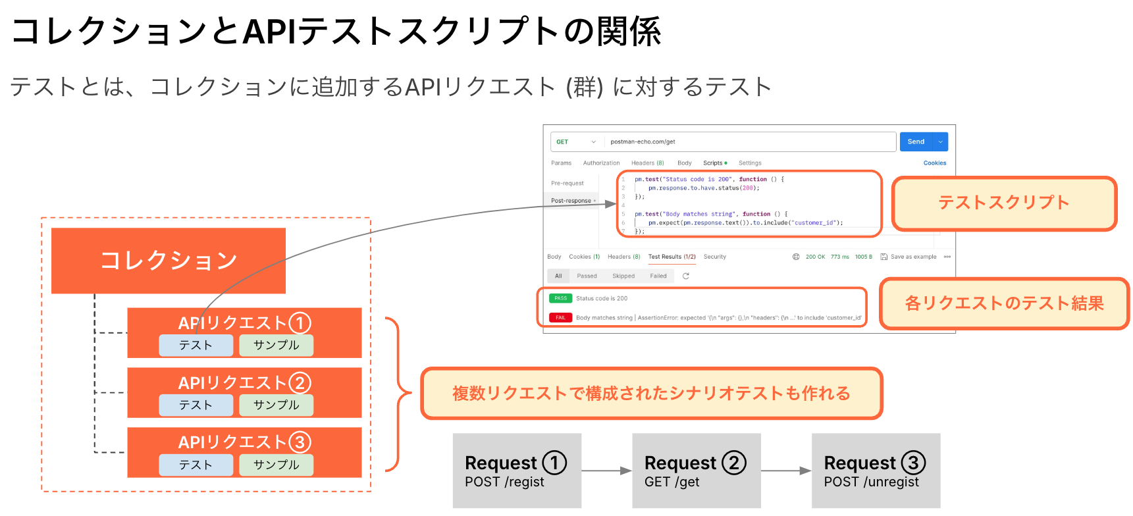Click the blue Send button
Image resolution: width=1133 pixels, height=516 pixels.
click(916, 142)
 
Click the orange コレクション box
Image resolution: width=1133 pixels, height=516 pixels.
click(169, 261)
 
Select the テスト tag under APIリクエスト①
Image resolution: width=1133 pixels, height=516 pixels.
click(196, 345)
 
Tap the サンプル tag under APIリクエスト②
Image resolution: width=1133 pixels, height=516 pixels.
click(276, 405)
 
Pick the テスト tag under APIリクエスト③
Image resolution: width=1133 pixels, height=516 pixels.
click(196, 465)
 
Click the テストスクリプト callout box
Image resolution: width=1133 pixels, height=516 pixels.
click(1004, 203)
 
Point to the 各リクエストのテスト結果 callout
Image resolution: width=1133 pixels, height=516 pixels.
click(1004, 303)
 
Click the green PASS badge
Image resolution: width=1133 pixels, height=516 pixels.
click(560, 298)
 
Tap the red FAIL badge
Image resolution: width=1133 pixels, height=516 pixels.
click(560, 317)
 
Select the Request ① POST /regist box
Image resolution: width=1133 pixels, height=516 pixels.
click(517, 471)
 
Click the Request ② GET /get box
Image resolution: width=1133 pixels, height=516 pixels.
click(696, 471)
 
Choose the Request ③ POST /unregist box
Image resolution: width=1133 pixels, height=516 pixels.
click(876, 471)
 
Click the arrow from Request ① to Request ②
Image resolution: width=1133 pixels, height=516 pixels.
click(606, 471)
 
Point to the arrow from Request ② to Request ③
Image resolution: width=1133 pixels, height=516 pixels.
click(786, 471)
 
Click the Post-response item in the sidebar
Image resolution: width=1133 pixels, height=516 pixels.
click(571, 201)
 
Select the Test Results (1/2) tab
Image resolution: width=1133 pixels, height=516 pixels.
click(672, 257)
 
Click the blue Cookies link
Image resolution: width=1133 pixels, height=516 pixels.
click(934, 163)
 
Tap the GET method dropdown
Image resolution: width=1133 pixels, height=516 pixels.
click(576, 142)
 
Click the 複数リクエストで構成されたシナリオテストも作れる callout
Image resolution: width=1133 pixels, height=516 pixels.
click(651, 394)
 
